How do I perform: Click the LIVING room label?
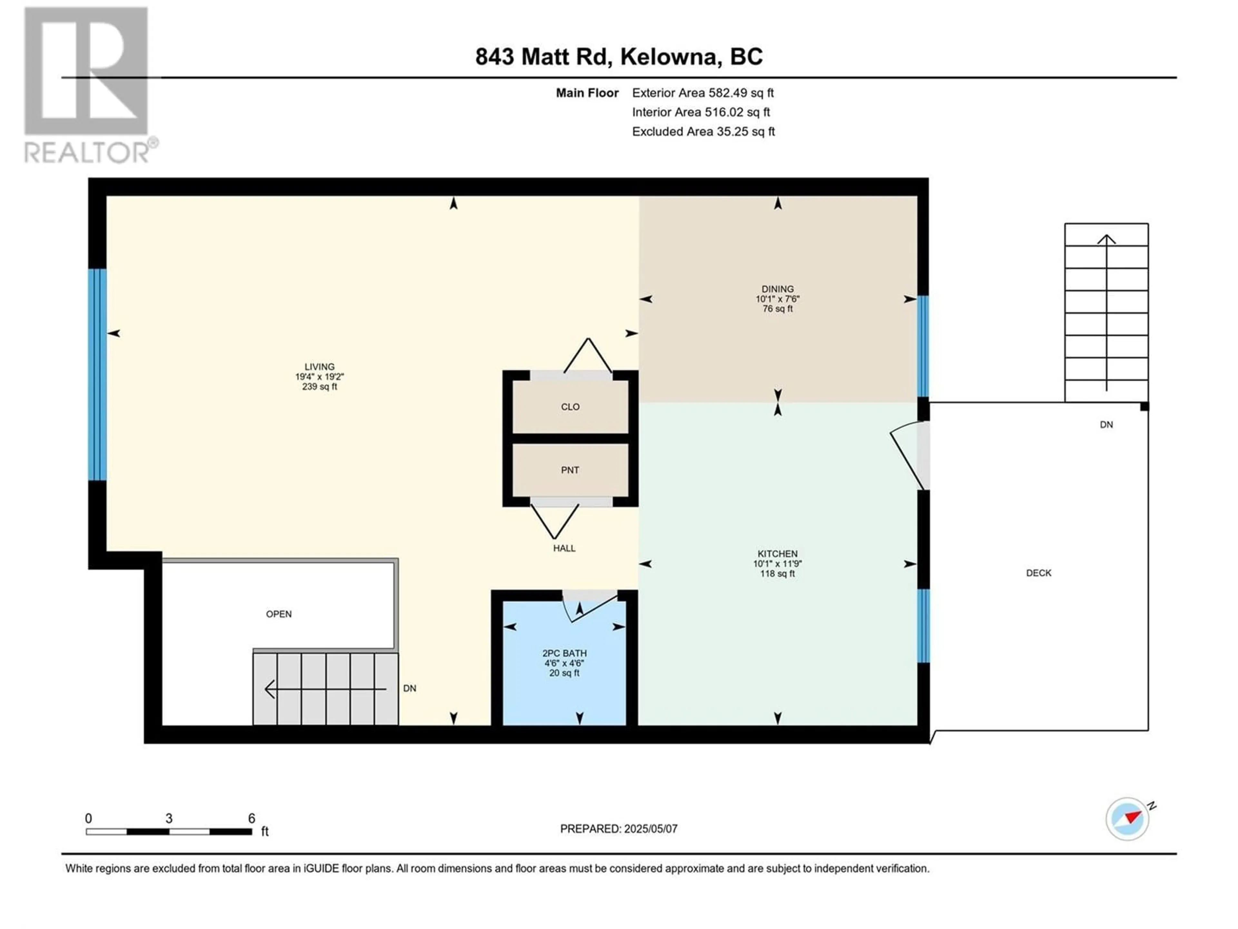click(319, 367)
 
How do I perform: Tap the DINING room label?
click(777, 289)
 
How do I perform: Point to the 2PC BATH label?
click(564, 653)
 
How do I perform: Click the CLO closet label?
click(570, 406)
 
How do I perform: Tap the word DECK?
click(1039, 573)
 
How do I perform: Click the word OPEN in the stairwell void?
click(279, 614)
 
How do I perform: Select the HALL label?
click(564, 548)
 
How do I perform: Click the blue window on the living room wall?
click(97, 375)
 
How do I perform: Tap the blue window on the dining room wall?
click(923, 346)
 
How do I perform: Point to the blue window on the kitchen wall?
click(923, 625)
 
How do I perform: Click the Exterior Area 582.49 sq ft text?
click(703, 93)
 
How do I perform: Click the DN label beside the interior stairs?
click(410, 688)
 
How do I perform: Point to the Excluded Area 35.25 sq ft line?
click(703, 132)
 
